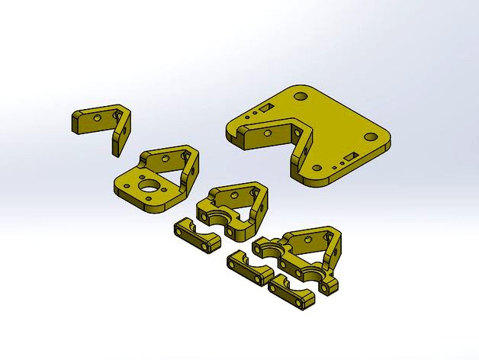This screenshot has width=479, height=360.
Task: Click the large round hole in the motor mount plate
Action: (150, 186)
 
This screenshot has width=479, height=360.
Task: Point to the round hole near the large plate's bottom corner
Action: (315, 170)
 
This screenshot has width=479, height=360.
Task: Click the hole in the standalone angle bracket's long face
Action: (97, 120)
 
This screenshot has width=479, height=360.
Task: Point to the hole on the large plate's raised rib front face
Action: (268, 133)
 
